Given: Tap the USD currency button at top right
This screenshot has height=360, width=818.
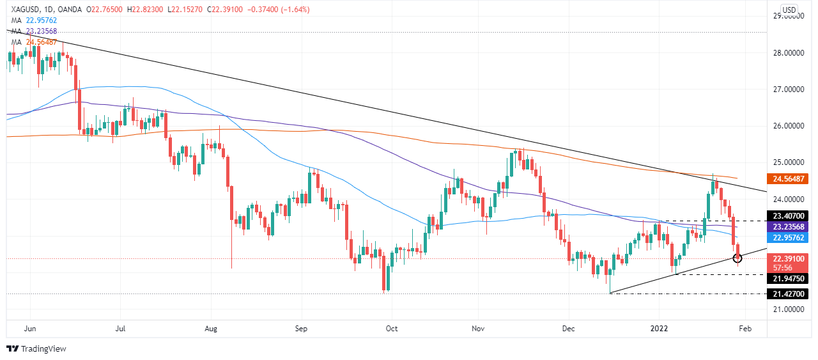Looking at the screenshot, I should (x=790, y=10).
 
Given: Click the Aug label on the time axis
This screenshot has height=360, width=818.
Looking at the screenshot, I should (x=212, y=329).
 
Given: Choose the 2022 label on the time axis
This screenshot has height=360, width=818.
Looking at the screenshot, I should (x=660, y=329).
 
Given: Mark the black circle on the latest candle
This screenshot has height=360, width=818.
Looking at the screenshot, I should (x=737, y=258).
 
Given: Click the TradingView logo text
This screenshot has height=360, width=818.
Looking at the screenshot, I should (x=43, y=349).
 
